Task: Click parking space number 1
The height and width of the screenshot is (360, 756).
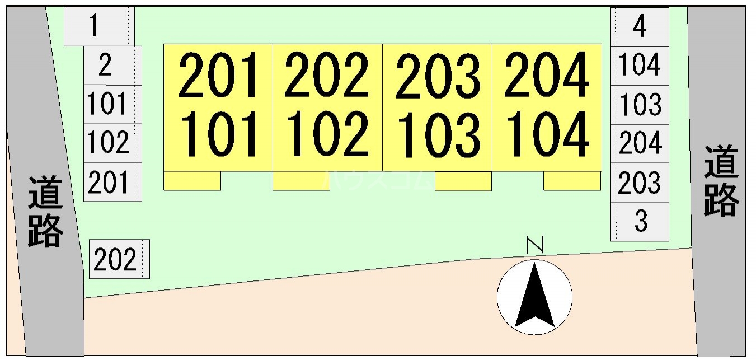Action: [99, 26]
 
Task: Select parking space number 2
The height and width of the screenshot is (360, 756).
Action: [112, 66]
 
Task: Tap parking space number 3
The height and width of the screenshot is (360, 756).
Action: [640, 222]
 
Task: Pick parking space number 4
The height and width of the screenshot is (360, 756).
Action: [640, 27]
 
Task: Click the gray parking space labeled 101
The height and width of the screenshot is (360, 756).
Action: [112, 104]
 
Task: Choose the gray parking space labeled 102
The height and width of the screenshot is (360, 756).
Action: [112, 143]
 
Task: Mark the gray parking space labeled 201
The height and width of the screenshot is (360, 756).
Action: [112, 182]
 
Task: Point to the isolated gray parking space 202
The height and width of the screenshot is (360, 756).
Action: [119, 259]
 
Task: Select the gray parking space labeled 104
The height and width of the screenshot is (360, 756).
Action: [640, 66]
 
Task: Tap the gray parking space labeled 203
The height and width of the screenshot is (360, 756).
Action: [640, 183]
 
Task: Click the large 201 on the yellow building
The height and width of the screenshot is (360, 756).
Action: [218, 75]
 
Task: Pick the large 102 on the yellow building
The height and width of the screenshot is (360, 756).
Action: [327, 134]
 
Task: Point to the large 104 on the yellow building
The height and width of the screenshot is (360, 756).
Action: [547, 134]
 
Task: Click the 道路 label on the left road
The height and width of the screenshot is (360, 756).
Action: [45, 212]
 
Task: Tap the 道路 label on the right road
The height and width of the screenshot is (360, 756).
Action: [721, 180]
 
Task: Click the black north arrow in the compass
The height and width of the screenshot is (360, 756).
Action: [534, 296]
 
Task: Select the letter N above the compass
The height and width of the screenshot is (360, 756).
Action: [535, 245]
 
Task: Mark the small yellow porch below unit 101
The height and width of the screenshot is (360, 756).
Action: [192, 181]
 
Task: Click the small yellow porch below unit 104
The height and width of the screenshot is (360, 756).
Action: [572, 181]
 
